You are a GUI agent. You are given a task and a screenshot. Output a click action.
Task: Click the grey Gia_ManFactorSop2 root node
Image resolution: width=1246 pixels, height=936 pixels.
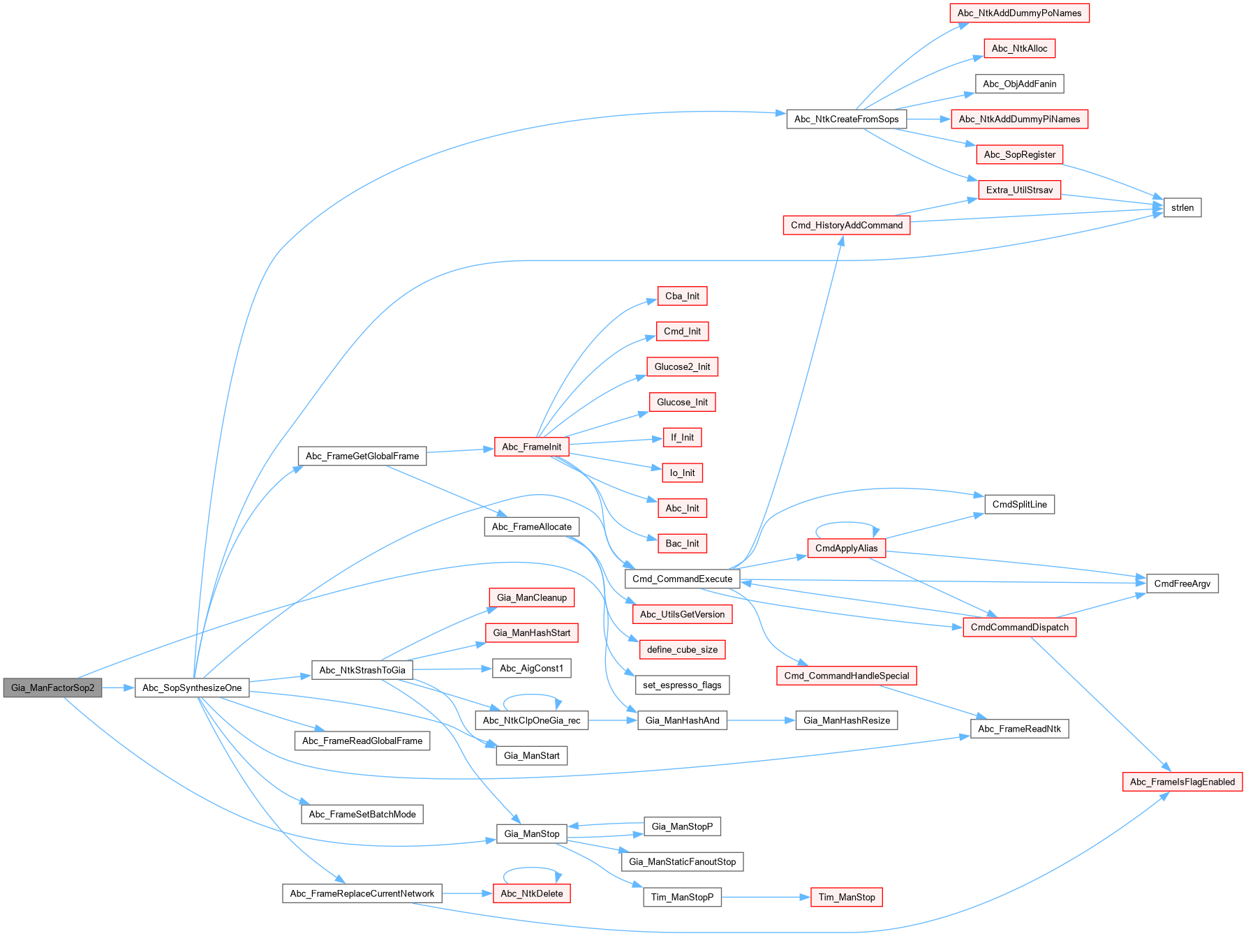(52, 688)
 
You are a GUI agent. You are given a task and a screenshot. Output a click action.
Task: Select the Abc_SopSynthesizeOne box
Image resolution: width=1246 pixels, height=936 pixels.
(192, 688)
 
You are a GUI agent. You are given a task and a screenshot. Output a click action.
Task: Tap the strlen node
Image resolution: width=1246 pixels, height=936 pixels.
(1182, 207)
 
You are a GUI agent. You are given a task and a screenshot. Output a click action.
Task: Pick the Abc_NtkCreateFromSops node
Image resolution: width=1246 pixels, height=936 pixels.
(846, 119)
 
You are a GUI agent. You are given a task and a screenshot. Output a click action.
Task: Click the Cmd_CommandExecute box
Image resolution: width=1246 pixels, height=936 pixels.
(682, 579)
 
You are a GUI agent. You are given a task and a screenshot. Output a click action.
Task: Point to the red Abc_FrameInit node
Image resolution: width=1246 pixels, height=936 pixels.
(531, 447)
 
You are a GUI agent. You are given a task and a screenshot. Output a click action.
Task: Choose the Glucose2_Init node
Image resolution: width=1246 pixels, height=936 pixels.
(682, 366)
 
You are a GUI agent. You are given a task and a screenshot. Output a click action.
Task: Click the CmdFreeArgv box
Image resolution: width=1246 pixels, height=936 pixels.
(1182, 584)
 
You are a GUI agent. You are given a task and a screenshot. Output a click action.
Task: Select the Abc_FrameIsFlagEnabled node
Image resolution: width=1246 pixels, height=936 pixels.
(1182, 782)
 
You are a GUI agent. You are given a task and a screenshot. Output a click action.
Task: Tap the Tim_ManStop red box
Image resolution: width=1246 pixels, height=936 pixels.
(846, 897)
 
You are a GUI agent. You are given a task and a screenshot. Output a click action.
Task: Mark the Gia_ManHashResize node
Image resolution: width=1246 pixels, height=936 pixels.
(846, 720)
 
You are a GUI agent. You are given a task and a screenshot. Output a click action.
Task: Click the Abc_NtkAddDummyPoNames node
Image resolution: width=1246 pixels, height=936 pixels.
(1019, 13)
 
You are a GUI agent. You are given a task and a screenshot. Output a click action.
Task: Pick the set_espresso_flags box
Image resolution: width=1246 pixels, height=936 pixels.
(682, 685)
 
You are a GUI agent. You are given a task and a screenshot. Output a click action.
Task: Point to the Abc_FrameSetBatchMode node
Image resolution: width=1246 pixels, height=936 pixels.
(362, 814)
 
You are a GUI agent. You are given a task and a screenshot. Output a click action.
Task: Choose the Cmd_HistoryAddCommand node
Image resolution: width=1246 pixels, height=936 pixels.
(846, 225)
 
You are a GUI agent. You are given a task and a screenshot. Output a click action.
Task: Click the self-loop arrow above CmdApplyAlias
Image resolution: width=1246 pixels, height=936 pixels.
(846, 523)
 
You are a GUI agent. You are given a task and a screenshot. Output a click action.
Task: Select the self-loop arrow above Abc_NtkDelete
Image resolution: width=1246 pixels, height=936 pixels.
(531, 869)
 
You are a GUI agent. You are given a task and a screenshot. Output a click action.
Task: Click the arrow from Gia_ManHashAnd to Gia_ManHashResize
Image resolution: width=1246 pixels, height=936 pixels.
(761, 720)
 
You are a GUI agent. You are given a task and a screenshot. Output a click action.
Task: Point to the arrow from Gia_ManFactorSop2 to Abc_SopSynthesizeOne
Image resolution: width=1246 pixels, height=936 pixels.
(118, 688)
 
